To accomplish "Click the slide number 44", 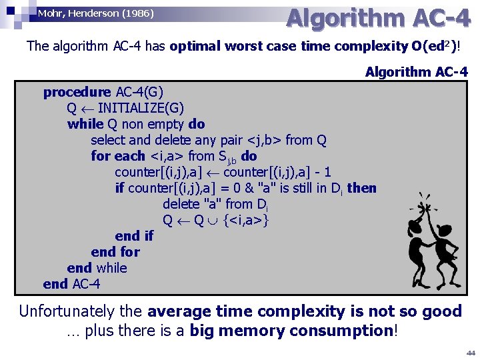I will point(470,351).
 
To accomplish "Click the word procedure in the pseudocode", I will point(77,92).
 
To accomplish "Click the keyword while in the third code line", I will point(85,124).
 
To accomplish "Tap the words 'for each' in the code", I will point(118,156).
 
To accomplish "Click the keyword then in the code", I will point(362,188).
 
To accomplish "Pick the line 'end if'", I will point(133,236).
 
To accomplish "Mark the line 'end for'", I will point(115,252).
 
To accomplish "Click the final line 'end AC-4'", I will point(71,284).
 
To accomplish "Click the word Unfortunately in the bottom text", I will point(81,311).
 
